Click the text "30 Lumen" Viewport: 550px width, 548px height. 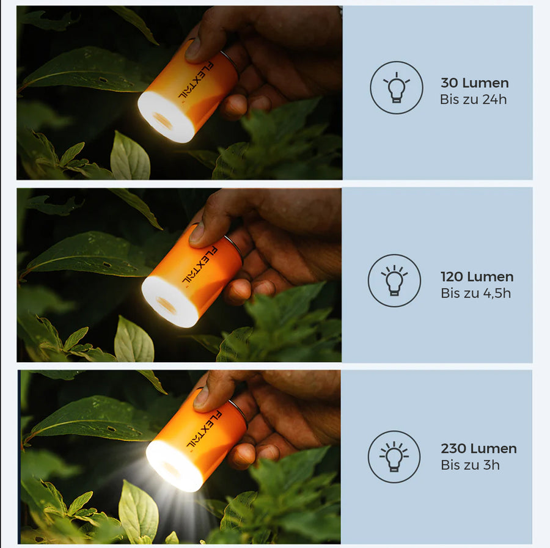[475, 83]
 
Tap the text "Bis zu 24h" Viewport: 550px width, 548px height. [473, 100]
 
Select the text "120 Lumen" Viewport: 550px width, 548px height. [477, 277]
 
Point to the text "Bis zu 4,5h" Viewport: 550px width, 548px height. [475, 293]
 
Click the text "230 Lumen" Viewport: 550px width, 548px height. [479, 449]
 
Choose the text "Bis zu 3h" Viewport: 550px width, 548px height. [470, 466]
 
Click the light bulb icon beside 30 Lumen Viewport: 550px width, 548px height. [397, 87]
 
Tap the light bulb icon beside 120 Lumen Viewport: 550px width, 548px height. [394, 280]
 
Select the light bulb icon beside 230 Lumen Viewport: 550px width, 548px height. [394, 457]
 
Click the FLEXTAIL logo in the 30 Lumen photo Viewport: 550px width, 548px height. [196, 81]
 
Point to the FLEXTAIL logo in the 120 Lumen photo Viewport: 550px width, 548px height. [200, 265]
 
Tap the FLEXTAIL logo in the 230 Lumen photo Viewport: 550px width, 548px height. [204, 429]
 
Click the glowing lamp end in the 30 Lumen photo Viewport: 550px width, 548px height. [166, 117]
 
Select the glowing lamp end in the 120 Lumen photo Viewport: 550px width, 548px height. [170, 302]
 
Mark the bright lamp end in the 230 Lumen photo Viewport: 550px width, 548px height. [174, 466]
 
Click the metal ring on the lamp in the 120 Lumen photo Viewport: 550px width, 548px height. [234, 249]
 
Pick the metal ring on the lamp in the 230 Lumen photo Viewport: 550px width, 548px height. [238, 414]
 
